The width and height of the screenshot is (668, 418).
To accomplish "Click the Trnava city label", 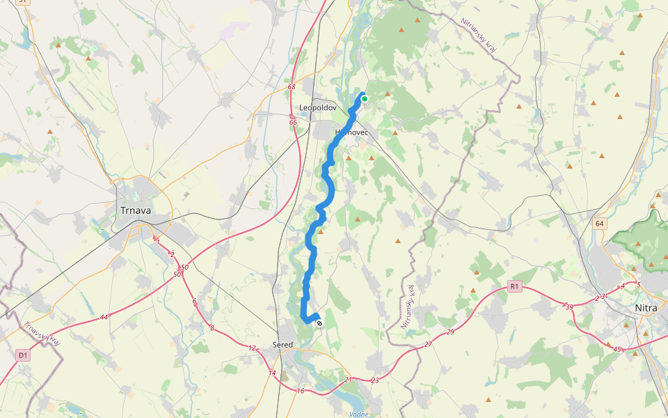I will pos(136,210).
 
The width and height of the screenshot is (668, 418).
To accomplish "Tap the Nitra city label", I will pos(646,308).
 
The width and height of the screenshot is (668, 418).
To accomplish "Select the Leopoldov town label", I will pos(318,108).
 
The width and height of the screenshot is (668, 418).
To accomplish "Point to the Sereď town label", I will pos(282,345).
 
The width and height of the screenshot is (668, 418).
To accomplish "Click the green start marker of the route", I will pos(364,99).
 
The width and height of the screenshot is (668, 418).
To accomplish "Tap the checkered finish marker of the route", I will pos(319,323).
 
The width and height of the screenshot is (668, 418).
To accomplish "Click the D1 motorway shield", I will pos(23,355).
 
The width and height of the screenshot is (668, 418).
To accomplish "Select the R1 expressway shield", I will pos(514,286).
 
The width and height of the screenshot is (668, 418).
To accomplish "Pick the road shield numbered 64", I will pos(600,224).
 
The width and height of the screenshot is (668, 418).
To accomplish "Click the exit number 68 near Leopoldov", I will pos(291,87).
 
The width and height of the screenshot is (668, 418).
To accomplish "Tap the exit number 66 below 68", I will pos(293,123).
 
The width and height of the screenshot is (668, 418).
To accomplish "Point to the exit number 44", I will pos(104,317).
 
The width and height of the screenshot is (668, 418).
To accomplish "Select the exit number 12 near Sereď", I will pos(252,348).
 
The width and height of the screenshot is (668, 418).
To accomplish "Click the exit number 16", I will pos(300,391).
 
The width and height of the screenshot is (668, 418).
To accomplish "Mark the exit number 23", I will pos(375,380).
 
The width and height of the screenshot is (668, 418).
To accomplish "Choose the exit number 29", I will pos(450,332).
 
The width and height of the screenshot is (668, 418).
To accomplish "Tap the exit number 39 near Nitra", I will pos(569,307).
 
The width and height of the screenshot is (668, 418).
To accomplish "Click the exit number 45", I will pos(617,348).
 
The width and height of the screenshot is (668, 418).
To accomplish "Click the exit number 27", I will pos(428,345).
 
